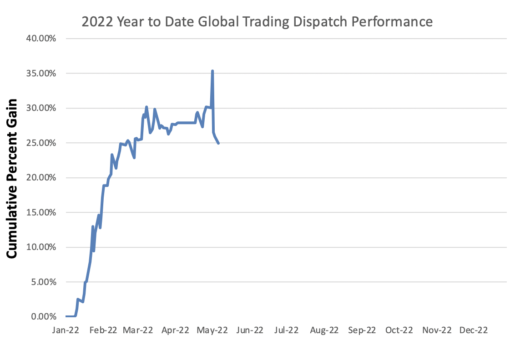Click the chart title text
257,21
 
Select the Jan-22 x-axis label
66,330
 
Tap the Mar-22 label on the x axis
138,330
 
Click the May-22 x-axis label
212,330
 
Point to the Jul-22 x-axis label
286,330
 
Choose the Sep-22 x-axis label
362,330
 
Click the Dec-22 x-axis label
473,330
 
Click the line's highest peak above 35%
212,71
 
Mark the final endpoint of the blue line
219,143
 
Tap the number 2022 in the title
94,21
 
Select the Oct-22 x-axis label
399,330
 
